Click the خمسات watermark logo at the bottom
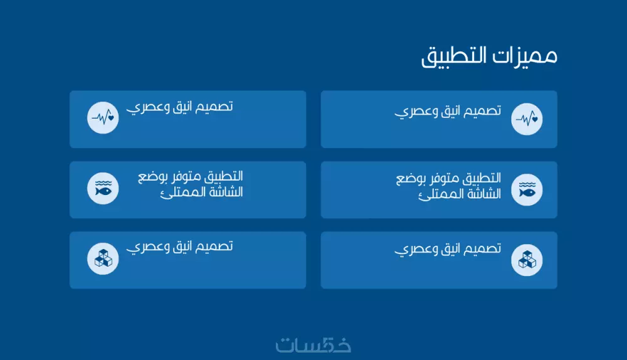tap(313, 344)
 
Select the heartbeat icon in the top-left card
tap(103, 117)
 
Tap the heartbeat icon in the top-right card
tap(527, 119)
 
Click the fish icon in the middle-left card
tap(103, 188)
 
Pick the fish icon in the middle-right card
tap(527, 189)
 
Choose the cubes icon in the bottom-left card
tap(103, 258)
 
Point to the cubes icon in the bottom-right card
tap(527, 260)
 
